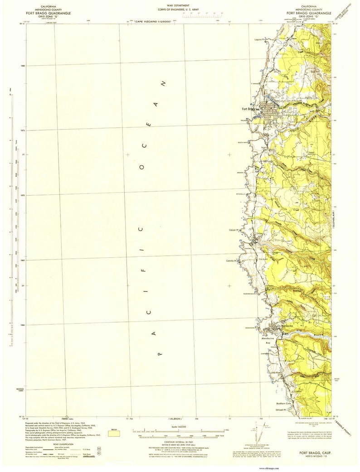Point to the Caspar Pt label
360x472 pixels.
pyautogui.click(x=234, y=230)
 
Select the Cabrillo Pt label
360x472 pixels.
pyautogui.click(x=232, y=260)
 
